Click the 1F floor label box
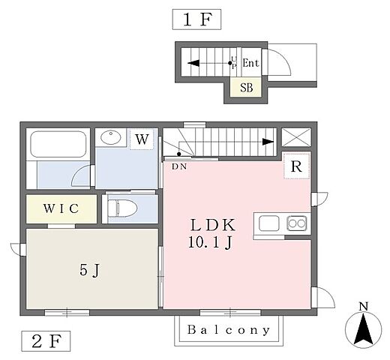(x=196, y=19)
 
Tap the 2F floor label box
(x=46, y=341)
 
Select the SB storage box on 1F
(x=246, y=87)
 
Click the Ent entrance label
(x=250, y=63)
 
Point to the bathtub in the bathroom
(x=58, y=144)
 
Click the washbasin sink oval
(x=111, y=137)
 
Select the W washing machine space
(x=142, y=139)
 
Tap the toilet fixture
(x=122, y=208)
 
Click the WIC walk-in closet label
(x=61, y=208)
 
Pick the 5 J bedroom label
(x=90, y=270)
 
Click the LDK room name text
(x=213, y=225)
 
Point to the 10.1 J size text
(x=211, y=242)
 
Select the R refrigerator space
(x=297, y=166)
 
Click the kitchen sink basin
(x=269, y=223)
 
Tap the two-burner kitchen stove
(x=297, y=223)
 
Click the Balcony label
(x=229, y=330)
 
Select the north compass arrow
(x=364, y=330)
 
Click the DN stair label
(x=179, y=166)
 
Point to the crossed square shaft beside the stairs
(x=296, y=137)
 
